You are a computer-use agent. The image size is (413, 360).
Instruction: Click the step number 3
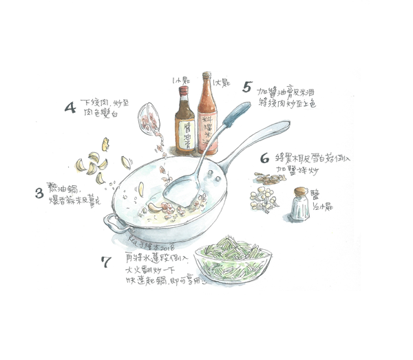click(39, 193)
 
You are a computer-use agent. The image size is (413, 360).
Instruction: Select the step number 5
click(246, 87)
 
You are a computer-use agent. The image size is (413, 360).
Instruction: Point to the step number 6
click(264, 158)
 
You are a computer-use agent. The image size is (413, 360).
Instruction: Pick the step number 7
click(105, 262)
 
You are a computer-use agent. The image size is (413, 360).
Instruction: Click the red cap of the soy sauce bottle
click(184, 89)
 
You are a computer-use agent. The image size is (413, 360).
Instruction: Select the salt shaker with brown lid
click(299, 204)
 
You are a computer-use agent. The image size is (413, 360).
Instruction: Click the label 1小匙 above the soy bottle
click(180, 79)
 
